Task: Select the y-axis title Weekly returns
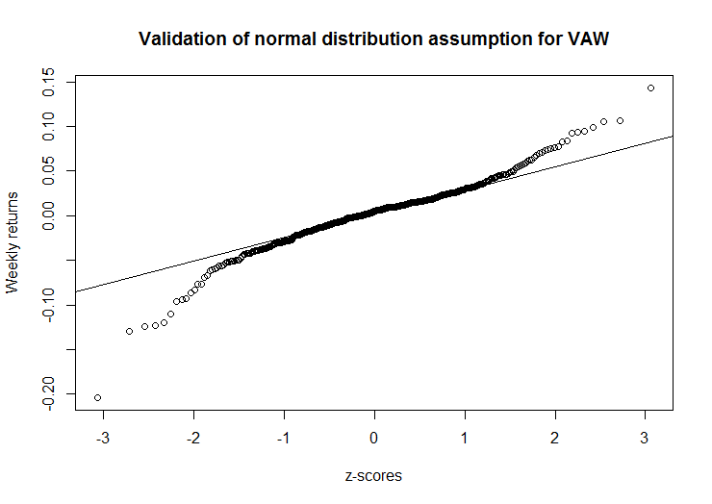click(x=13, y=241)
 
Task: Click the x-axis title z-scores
click(x=373, y=475)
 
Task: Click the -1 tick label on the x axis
click(x=282, y=437)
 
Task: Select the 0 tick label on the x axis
click(x=374, y=437)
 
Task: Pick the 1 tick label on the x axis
click(x=465, y=437)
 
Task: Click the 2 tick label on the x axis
click(x=555, y=437)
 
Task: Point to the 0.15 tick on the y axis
click(x=47, y=83)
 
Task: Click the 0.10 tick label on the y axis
click(x=47, y=127)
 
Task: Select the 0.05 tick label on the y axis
click(x=47, y=171)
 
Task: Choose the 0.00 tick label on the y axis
click(x=47, y=215)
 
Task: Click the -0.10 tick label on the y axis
click(x=47, y=305)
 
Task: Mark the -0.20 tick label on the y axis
click(x=47, y=393)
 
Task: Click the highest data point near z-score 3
click(x=651, y=88)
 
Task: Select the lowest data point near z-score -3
click(x=97, y=397)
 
